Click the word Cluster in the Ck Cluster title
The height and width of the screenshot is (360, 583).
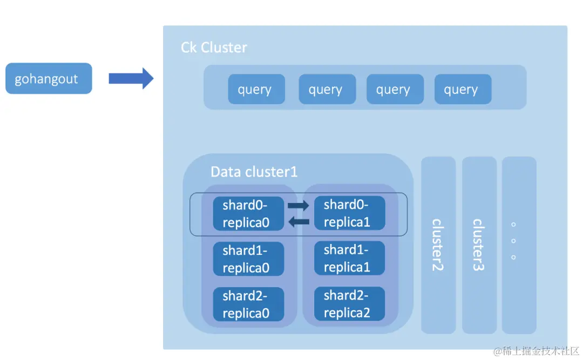click(223, 47)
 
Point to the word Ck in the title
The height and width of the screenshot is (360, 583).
click(188, 47)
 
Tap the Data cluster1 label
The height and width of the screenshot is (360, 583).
click(254, 172)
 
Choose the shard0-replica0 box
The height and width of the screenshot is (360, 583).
click(248, 214)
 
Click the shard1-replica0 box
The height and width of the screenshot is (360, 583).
click(248, 259)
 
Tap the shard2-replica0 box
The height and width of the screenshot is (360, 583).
click(248, 304)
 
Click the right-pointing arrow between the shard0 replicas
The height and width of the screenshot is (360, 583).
click(298, 206)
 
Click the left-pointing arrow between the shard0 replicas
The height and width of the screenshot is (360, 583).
click(298, 221)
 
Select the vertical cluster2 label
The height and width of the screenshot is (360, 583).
click(437, 244)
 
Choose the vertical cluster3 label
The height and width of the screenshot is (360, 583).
click(478, 244)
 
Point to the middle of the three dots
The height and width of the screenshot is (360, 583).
click(513, 241)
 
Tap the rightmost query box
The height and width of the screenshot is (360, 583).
click(463, 89)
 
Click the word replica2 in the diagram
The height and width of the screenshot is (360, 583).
click(347, 313)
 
